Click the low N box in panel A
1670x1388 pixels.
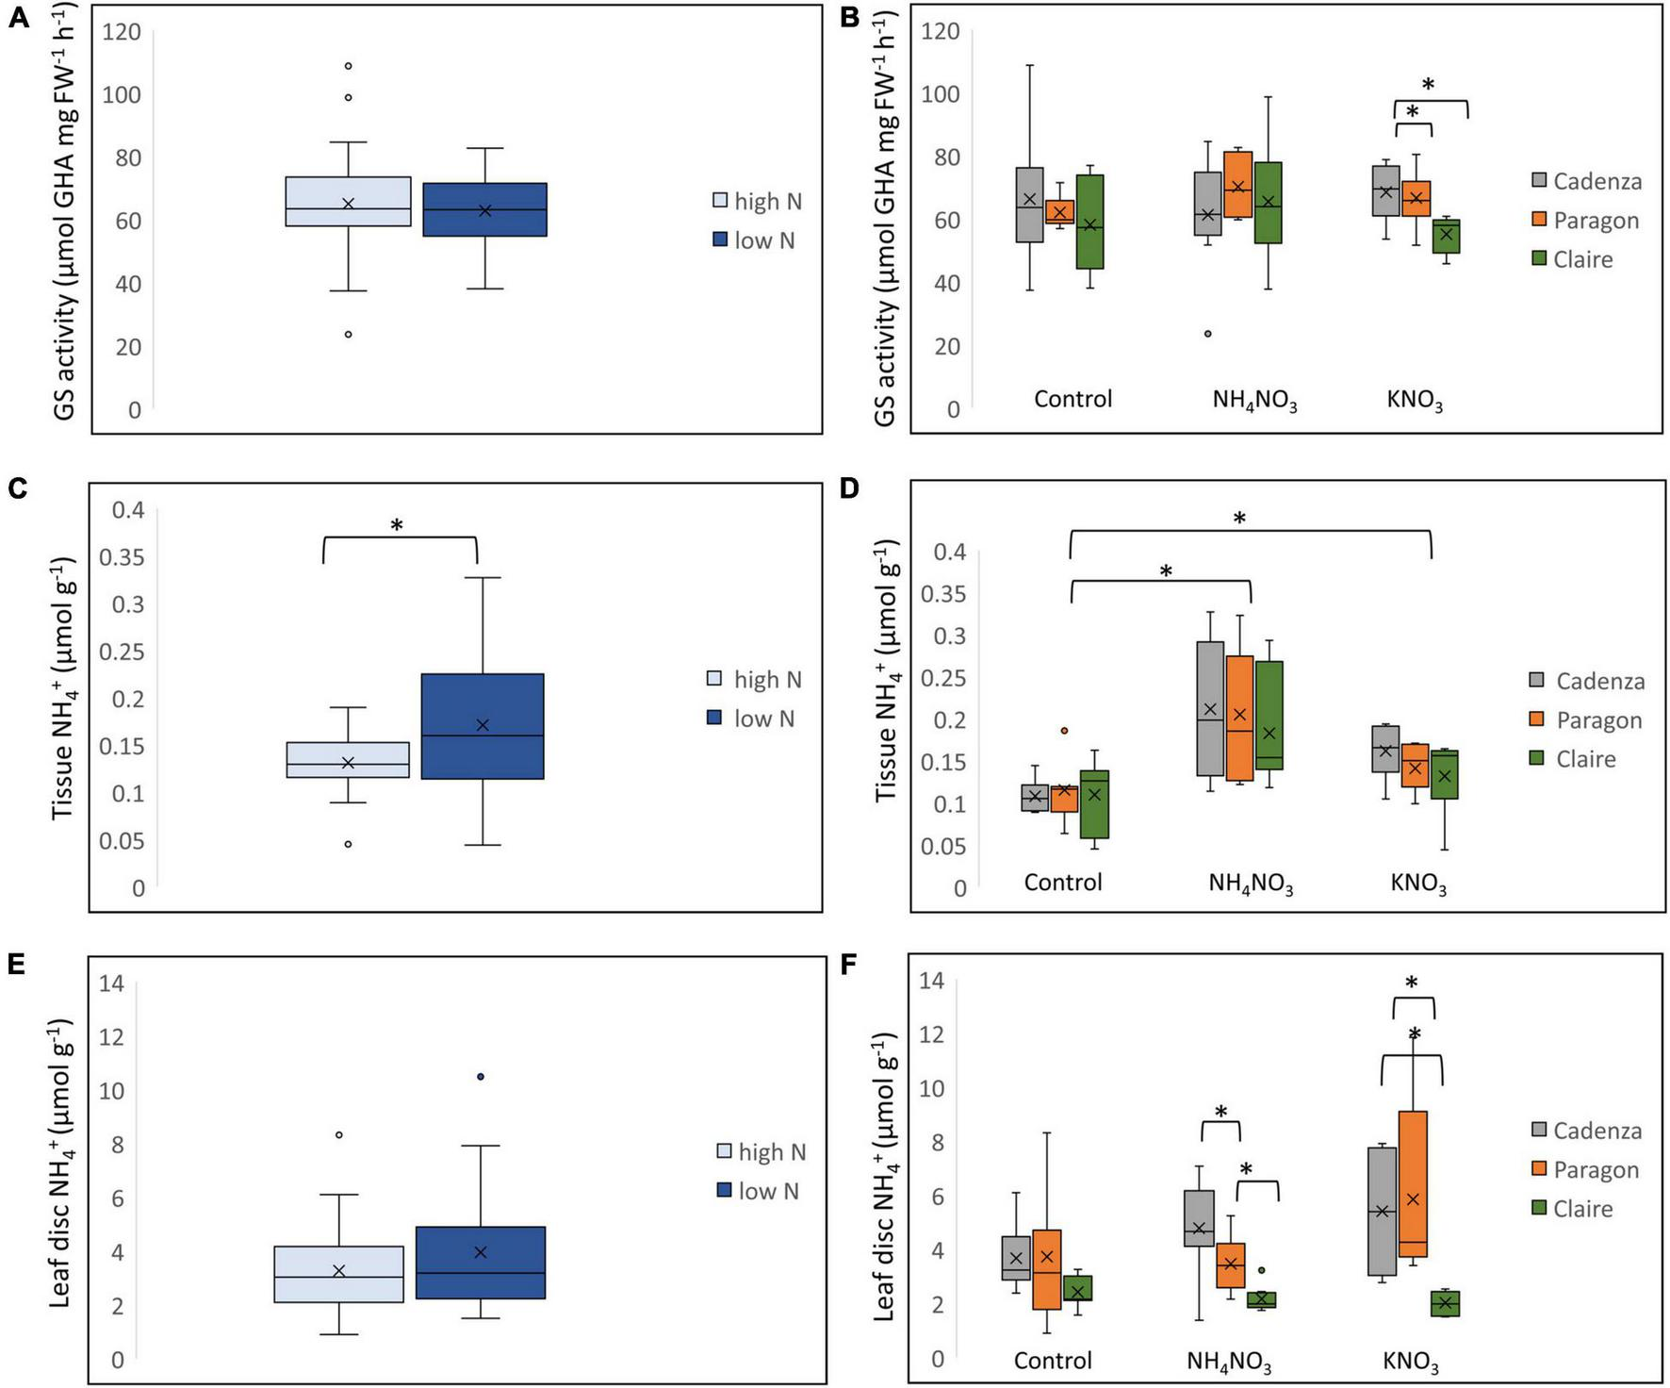click(x=484, y=209)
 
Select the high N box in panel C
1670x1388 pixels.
click(x=348, y=759)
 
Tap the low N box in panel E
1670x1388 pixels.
click(x=481, y=1263)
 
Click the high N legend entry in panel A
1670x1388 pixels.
click(x=758, y=201)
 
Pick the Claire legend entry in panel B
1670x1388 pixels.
click(x=1572, y=259)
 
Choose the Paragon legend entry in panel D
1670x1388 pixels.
click(x=1586, y=720)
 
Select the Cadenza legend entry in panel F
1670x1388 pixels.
click(x=1585, y=1131)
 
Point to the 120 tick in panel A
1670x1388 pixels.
click(x=121, y=32)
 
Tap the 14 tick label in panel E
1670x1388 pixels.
click(x=111, y=983)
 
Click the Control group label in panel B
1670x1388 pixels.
click(x=1072, y=399)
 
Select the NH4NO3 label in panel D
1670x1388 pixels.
click(x=1251, y=884)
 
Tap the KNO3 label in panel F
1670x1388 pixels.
click(x=1411, y=1362)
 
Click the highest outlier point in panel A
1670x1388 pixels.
click(x=348, y=66)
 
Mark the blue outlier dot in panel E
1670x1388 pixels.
click(x=481, y=1076)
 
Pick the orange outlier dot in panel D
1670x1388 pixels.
click(x=1064, y=731)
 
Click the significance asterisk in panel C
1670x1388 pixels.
click(x=397, y=525)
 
